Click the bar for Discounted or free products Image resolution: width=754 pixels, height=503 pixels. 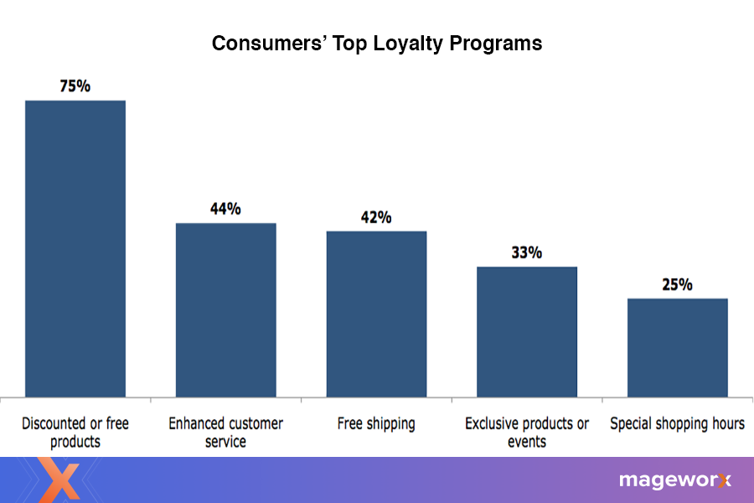point(75,248)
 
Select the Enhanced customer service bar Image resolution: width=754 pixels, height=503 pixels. point(225,309)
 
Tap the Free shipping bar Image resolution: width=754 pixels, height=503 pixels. point(376,314)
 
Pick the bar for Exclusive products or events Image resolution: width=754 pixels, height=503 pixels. point(527,331)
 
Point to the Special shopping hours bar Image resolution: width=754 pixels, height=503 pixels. point(677,347)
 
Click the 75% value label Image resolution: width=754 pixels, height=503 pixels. point(75,86)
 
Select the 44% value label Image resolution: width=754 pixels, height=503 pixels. point(225,209)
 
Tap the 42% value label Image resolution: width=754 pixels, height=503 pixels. point(376,217)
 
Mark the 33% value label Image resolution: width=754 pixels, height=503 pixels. point(527,252)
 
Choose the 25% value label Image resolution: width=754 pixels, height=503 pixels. point(677,285)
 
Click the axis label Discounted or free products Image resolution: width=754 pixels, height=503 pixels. point(75,432)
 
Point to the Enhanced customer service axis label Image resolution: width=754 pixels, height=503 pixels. point(225,432)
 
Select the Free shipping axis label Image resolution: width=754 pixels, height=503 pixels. point(376,423)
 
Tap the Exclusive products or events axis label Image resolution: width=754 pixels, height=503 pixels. point(527,432)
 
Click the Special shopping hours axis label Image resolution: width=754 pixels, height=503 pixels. point(677,423)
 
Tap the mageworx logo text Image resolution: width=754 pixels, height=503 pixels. point(674,480)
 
